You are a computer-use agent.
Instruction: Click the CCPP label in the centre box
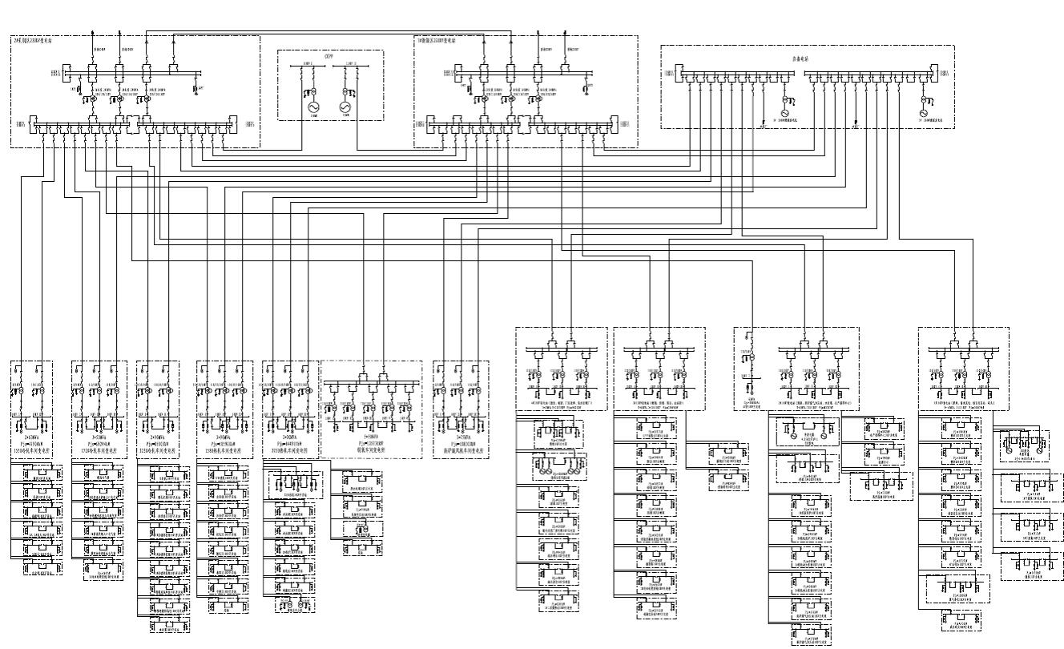pos(328,57)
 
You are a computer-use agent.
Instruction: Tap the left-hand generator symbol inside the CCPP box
pos(314,107)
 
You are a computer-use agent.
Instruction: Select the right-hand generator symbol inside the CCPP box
pos(345,107)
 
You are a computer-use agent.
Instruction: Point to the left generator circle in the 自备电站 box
pos(785,113)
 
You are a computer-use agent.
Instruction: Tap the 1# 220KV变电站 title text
pos(437,40)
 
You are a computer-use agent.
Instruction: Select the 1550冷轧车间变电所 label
pos(32,451)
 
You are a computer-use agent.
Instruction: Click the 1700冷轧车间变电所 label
pos(99,451)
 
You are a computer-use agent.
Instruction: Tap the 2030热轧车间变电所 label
pos(289,451)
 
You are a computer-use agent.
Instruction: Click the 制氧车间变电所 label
pos(371,449)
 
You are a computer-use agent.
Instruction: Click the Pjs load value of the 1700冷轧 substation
pos(99,444)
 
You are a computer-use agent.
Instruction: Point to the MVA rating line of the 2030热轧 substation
pos(289,437)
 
